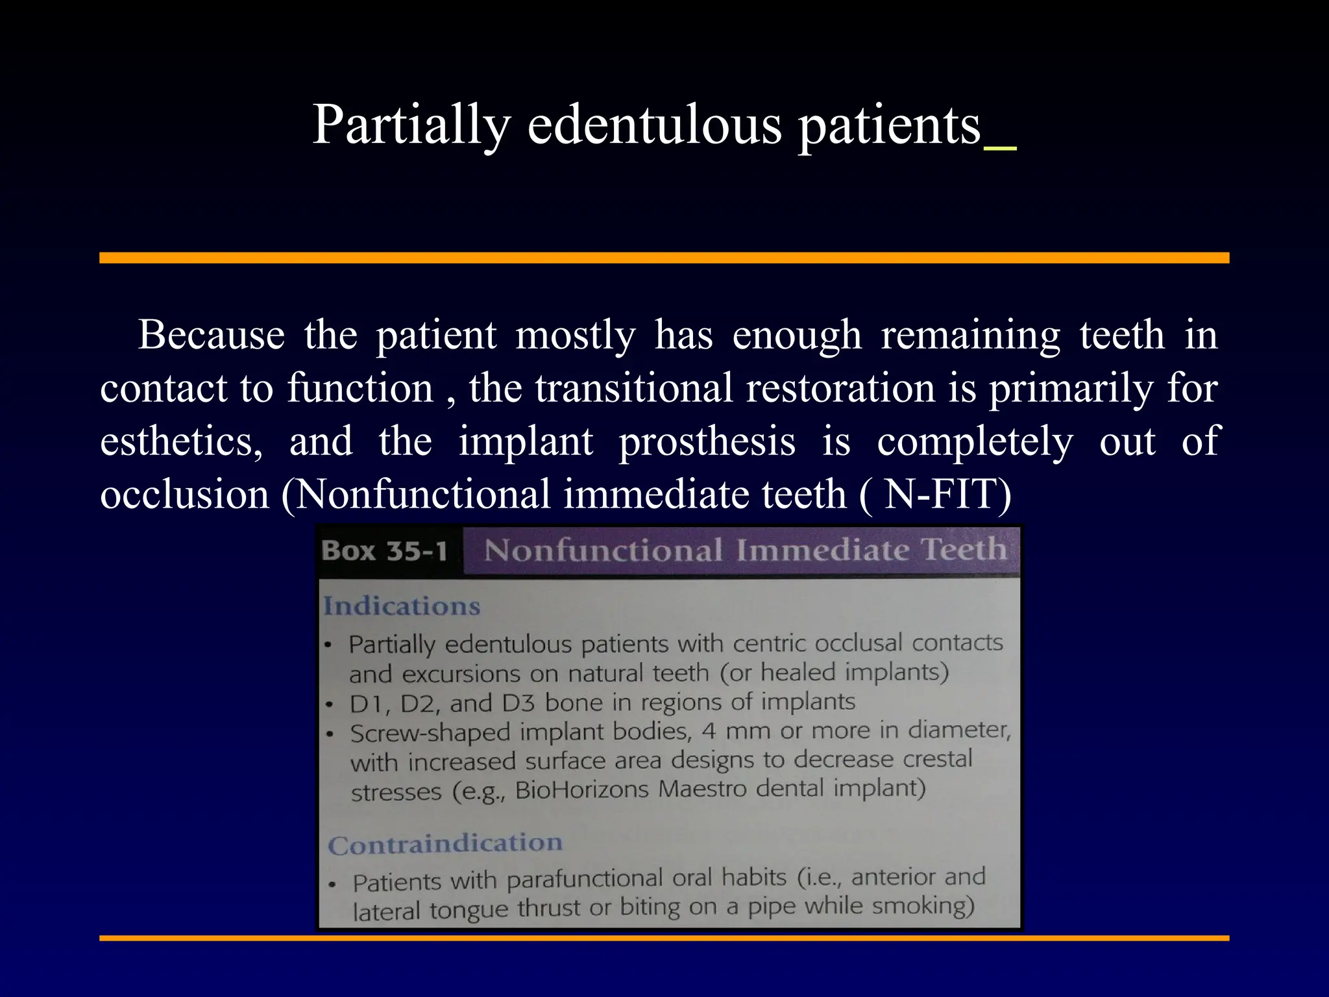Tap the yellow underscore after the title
1000,149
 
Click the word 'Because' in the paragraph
212,336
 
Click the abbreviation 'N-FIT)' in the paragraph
948,495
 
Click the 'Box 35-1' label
385,551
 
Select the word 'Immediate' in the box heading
822,550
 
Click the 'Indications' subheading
402,606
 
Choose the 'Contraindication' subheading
445,844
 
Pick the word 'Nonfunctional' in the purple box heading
604,550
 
